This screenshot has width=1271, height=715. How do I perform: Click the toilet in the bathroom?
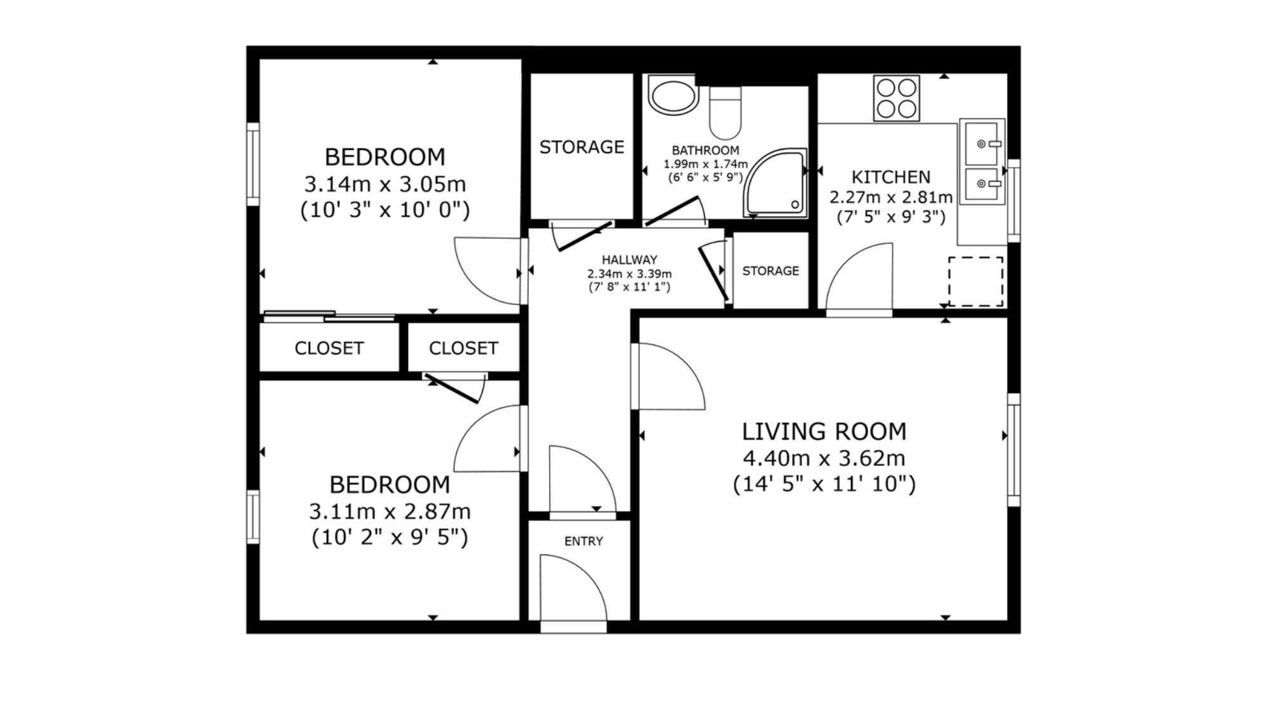click(725, 113)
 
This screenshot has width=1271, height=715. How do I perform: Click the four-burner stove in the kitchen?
click(896, 98)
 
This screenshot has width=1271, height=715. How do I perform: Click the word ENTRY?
click(583, 541)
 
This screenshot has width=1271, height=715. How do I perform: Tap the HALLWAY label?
click(629, 260)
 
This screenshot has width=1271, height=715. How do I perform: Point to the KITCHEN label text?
click(891, 177)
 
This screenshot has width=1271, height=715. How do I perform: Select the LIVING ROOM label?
click(824, 432)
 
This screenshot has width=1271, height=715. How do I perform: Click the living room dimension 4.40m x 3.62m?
click(824, 458)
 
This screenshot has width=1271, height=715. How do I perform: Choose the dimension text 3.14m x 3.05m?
click(385, 184)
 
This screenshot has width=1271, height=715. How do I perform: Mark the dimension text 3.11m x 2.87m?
click(390, 511)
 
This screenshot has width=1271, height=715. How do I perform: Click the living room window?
click(1014, 450)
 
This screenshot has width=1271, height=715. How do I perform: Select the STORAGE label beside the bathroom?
click(581, 147)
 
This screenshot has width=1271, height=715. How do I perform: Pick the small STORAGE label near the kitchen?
click(770, 271)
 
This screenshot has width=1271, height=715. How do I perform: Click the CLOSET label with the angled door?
click(463, 348)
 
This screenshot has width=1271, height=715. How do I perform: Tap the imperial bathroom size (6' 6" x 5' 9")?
click(705, 177)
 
